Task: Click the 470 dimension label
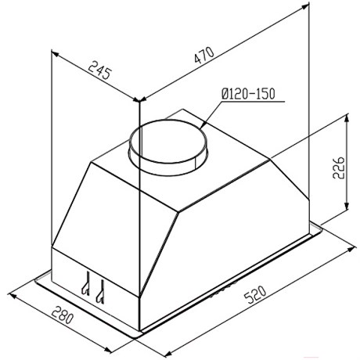(204, 55)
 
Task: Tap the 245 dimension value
(100, 70)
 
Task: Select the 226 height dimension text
(339, 167)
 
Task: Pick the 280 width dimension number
(63, 315)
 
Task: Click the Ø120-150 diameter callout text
(248, 94)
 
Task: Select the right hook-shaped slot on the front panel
(100, 292)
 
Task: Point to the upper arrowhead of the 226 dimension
(347, 118)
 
